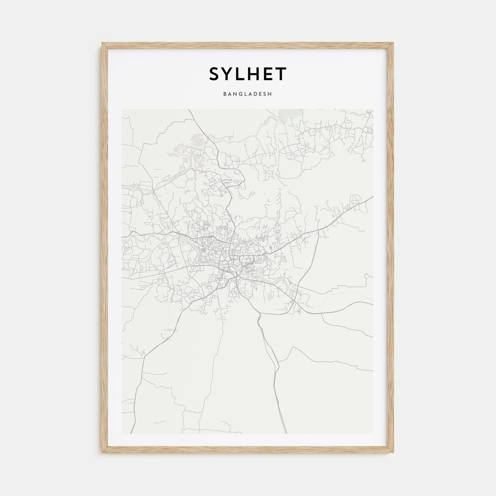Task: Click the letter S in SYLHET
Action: click(x=215, y=74)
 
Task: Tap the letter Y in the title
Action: click(x=229, y=74)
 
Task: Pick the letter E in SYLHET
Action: click(x=269, y=74)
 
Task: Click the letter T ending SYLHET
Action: click(x=281, y=74)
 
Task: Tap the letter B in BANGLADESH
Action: click(x=225, y=94)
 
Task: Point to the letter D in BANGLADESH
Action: click(x=255, y=94)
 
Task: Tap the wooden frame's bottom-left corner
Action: click(x=102, y=453)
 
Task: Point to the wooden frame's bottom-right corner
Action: click(x=394, y=453)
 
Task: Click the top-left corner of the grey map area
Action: click(x=122, y=109)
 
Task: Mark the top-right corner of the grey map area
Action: click(x=373, y=109)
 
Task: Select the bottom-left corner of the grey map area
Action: click(x=122, y=434)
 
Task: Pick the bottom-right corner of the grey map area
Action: click(x=373, y=434)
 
